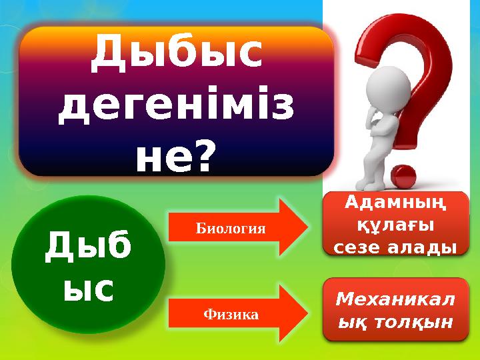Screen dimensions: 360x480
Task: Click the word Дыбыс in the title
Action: click(x=176, y=55)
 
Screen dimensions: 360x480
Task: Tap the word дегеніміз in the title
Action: click(x=176, y=109)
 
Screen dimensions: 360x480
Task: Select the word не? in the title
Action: click(x=176, y=158)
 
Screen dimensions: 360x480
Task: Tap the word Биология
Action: click(x=231, y=229)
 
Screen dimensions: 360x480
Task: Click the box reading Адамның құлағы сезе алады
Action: click(x=397, y=224)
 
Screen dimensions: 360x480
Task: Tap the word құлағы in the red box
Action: click(x=397, y=224)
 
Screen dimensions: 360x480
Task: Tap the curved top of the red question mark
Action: click(x=400, y=40)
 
